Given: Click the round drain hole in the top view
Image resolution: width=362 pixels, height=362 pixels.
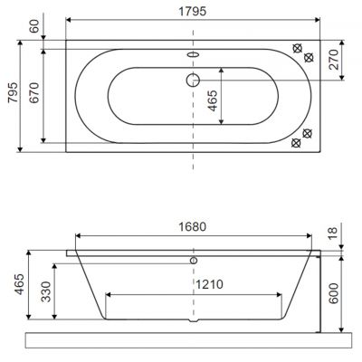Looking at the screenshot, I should [192, 80].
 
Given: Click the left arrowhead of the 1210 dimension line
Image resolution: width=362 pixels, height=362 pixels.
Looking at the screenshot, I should [109, 294].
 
